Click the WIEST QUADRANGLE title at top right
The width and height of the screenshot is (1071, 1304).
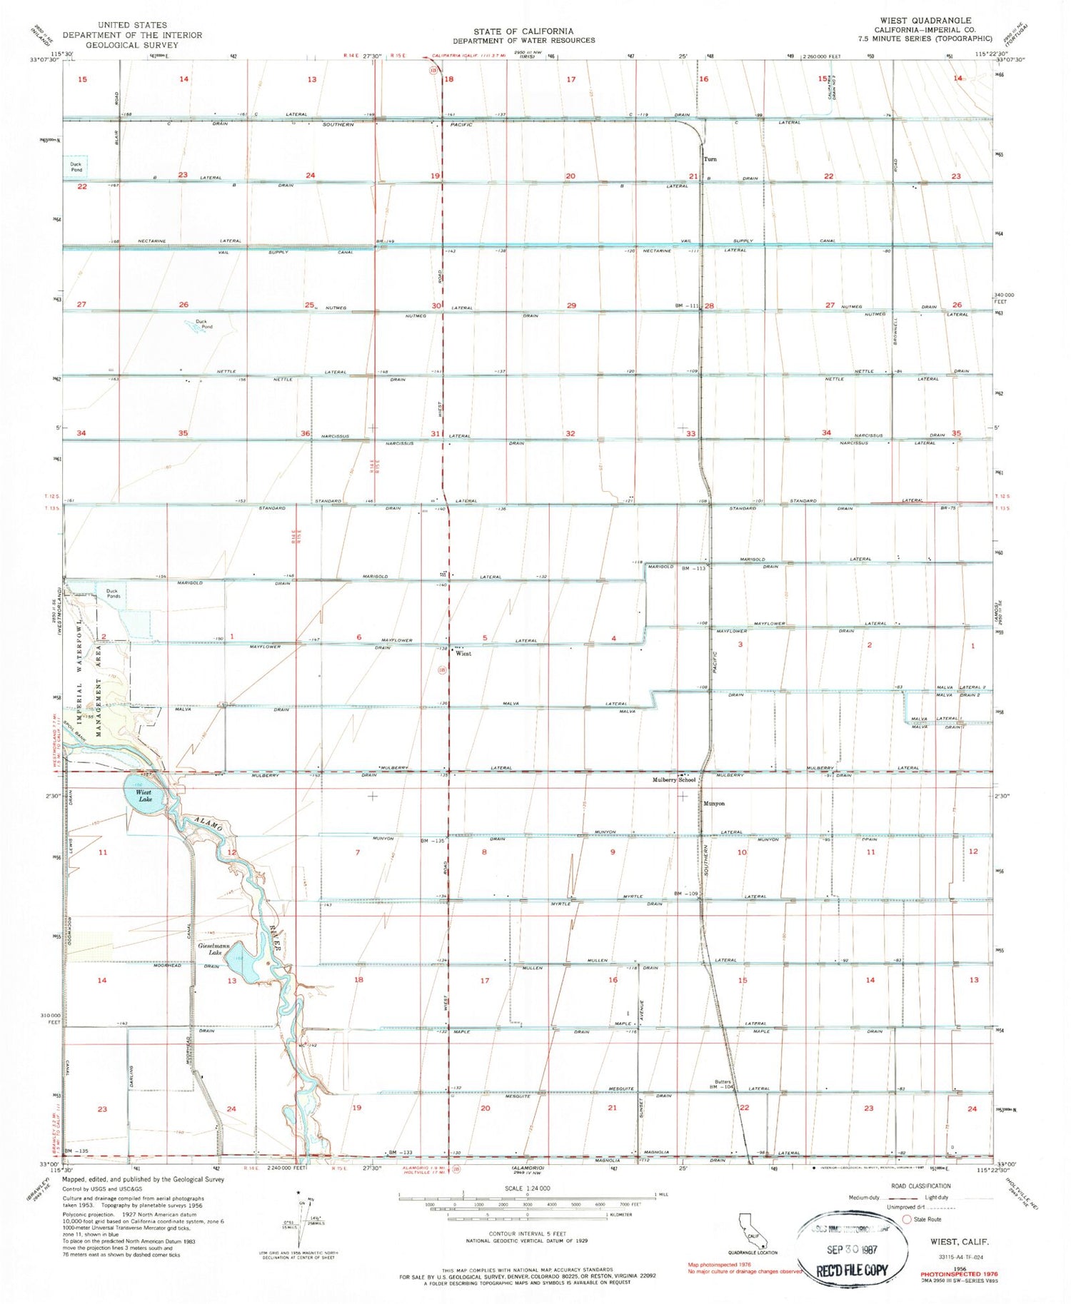coord(926,21)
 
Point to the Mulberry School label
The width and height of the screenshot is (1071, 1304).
coord(673,780)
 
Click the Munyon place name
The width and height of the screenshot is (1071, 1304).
coord(714,804)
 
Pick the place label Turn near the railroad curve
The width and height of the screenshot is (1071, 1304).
coord(710,159)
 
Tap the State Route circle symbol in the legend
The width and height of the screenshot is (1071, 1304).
coord(908,1219)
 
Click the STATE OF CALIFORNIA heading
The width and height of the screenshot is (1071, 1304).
coord(523,31)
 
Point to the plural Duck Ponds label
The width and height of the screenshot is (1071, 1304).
coord(113,594)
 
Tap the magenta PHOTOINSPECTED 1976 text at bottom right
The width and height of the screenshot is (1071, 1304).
coord(958,1274)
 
